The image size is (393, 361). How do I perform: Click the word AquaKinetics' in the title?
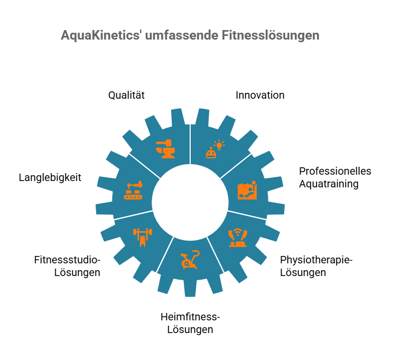pos(100,35)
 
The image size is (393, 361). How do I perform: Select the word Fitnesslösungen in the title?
pos(270,35)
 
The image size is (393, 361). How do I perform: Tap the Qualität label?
pos(126,96)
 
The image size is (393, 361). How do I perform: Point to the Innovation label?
pos(260,96)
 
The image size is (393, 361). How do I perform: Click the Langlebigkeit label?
pos(50,178)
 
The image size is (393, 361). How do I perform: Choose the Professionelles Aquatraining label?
pos(335,177)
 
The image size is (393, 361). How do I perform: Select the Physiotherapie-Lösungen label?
pos(316,266)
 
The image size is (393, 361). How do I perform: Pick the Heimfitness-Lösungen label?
pos(190,323)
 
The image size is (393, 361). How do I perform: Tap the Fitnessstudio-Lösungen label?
pos(67,266)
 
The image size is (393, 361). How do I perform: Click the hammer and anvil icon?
pos(165,149)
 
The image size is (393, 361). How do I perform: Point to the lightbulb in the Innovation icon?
pos(219,145)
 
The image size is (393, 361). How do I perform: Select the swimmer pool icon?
pos(247,190)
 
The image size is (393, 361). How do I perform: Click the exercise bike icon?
pos(190,260)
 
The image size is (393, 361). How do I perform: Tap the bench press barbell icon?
pos(143,237)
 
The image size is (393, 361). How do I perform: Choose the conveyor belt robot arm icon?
pos(133,190)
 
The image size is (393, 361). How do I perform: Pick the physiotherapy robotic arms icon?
pos(238,237)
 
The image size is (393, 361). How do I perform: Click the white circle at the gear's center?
pos(190,202)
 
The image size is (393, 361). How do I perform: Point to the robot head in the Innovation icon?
pos(211,153)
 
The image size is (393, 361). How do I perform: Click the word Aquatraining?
pos(329,184)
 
